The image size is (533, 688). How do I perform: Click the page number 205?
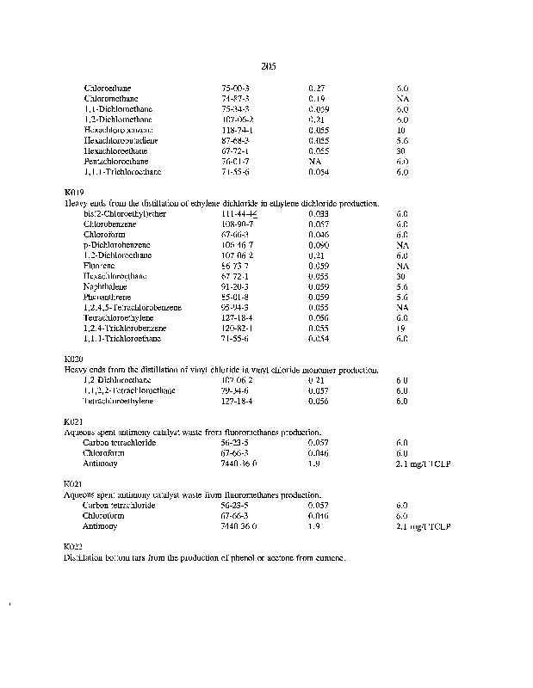(x=267, y=66)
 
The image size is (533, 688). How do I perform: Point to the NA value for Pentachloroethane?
(x=314, y=161)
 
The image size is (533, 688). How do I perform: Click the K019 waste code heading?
(x=74, y=193)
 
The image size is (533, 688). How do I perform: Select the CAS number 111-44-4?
(x=239, y=213)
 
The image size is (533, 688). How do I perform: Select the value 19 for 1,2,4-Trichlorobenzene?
(x=401, y=329)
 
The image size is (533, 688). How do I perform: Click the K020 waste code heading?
(x=74, y=359)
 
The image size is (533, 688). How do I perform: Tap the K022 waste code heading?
(x=74, y=547)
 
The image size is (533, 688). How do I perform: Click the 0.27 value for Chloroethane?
(x=316, y=89)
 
